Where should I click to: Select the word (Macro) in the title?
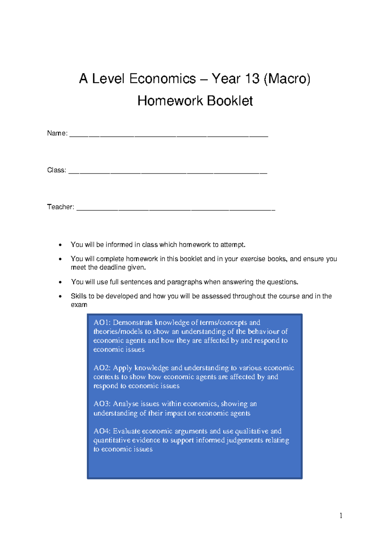click(287, 79)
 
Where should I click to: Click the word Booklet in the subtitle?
click(230, 101)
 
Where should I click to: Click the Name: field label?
click(57, 133)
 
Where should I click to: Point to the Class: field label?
click(57, 170)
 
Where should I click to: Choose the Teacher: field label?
click(60, 207)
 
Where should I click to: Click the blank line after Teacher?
click(175, 209)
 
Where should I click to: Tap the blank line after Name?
click(169, 136)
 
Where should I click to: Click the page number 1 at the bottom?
click(341, 516)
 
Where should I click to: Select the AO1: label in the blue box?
click(102, 323)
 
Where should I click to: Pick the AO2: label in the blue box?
click(102, 368)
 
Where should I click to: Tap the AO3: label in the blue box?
click(102, 404)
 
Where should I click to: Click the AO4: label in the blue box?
click(102, 431)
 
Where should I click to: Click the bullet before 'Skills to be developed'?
click(60, 296)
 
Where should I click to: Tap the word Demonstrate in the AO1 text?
click(133, 323)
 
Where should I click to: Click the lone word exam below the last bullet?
click(79, 305)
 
